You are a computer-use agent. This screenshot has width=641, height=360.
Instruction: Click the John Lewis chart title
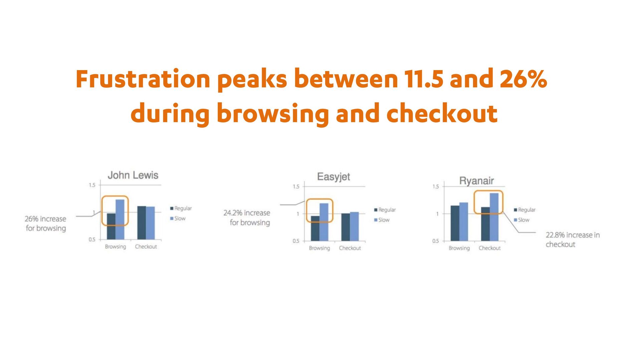point(133,175)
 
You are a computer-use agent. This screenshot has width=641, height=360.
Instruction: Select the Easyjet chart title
point(334,177)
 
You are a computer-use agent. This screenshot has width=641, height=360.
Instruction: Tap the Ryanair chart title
point(476,181)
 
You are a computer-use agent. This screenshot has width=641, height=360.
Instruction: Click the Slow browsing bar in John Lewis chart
point(120,220)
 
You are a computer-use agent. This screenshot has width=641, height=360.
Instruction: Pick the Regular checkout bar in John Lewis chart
point(142,223)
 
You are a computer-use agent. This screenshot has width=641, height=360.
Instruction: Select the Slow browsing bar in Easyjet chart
point(324,222)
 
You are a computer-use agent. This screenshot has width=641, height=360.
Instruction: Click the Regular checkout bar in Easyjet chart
point(346,227)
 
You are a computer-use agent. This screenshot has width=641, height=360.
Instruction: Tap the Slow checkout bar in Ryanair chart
point(494,217)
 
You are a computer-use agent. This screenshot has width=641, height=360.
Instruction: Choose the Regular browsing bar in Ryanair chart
point(455,223)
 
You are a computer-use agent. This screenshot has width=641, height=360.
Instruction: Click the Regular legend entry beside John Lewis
point(181,209)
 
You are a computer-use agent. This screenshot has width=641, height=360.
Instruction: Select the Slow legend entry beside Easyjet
point(382,220)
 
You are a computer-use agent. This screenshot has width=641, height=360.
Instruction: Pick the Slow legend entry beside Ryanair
point(521,220)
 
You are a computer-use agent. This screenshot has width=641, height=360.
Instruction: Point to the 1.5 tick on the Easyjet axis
point(296,187)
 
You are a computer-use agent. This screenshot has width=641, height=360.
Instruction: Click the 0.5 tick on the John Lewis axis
point(92,240)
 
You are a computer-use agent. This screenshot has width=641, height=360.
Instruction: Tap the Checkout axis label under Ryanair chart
point(489,248)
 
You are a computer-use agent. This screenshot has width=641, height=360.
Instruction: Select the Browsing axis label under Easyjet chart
point(319,248)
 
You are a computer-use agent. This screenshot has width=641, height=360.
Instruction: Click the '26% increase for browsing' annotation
point(46,224)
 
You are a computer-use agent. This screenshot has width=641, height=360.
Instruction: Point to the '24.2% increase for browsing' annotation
point(247,218)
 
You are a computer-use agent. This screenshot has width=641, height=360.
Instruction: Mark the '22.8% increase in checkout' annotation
point(573,240)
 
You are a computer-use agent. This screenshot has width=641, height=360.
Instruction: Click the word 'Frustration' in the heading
point(143,79)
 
